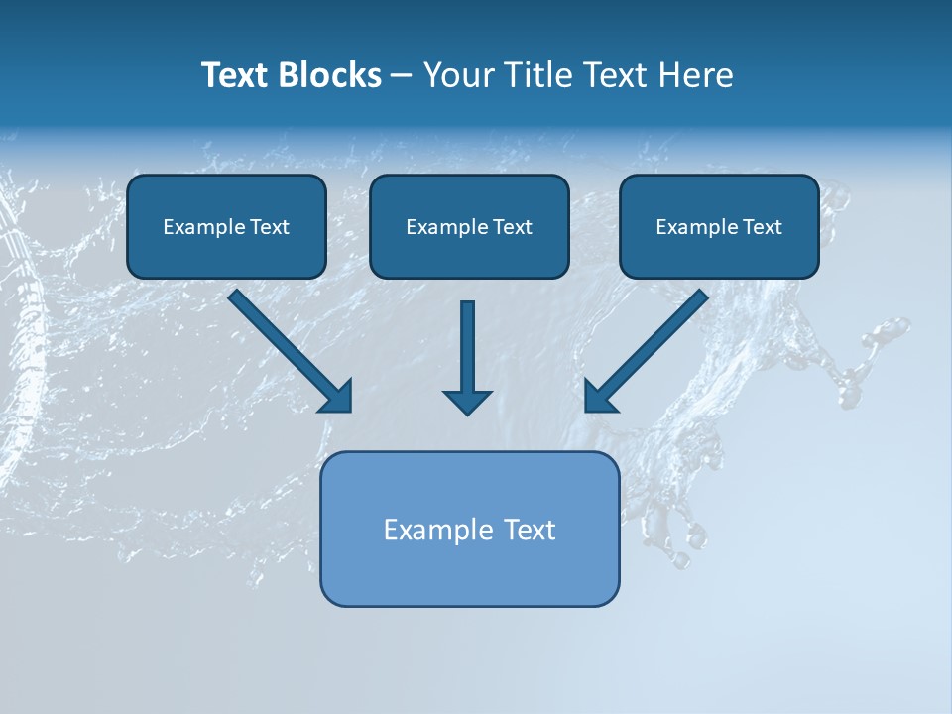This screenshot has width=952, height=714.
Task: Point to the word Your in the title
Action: (x=457, y=75)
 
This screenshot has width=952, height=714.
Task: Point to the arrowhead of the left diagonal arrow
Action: (x=337, y=397)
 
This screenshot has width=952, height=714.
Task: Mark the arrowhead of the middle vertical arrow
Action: (x=467, y=401)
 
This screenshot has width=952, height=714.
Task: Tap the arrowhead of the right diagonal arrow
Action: (x=599, y=397)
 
